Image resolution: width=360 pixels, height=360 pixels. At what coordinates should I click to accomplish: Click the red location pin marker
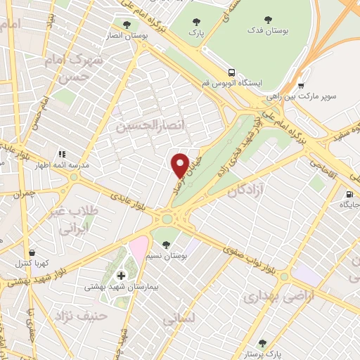pos(181,165)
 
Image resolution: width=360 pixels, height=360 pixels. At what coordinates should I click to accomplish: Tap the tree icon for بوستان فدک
pos(267,20)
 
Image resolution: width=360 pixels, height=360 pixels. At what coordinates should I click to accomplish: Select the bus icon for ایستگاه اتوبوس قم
pos(231,72)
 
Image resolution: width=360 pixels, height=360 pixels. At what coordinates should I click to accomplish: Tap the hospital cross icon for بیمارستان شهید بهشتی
pos(121,275)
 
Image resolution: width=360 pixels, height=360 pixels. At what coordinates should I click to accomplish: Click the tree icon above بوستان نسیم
pos(167,245)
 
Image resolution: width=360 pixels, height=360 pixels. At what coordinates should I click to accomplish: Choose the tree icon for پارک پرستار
pos(262,343)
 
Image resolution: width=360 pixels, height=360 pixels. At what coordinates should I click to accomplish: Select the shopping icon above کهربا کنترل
pos(30,252)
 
